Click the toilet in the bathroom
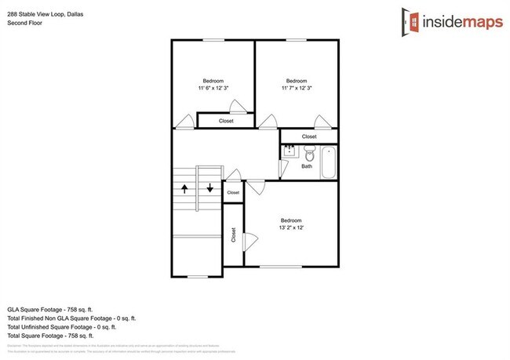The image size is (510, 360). tap(310, 154)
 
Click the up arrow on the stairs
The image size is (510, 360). tap(185, 188)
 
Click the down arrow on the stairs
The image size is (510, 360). tap(209, 188)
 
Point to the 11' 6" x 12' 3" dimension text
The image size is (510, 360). tap(213, 89)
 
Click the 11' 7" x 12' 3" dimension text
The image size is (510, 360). tap(296, 89)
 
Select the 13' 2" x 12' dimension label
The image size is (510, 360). tap(291, 228)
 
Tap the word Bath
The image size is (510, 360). tap(307, 166)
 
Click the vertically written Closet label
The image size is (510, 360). tap(233, 235)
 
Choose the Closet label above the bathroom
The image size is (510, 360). tap(309, 136)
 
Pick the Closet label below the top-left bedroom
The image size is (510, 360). tap(226, 121)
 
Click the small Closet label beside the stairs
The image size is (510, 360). tap(233, 192)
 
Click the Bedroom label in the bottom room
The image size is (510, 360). tap(291, 220)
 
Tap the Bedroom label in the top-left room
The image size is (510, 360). tap(213, 81)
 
